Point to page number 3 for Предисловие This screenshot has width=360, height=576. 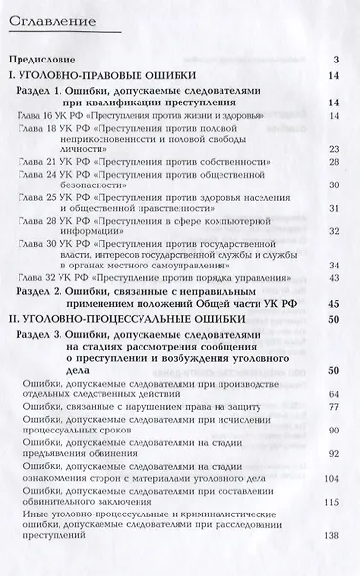point(335,61)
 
